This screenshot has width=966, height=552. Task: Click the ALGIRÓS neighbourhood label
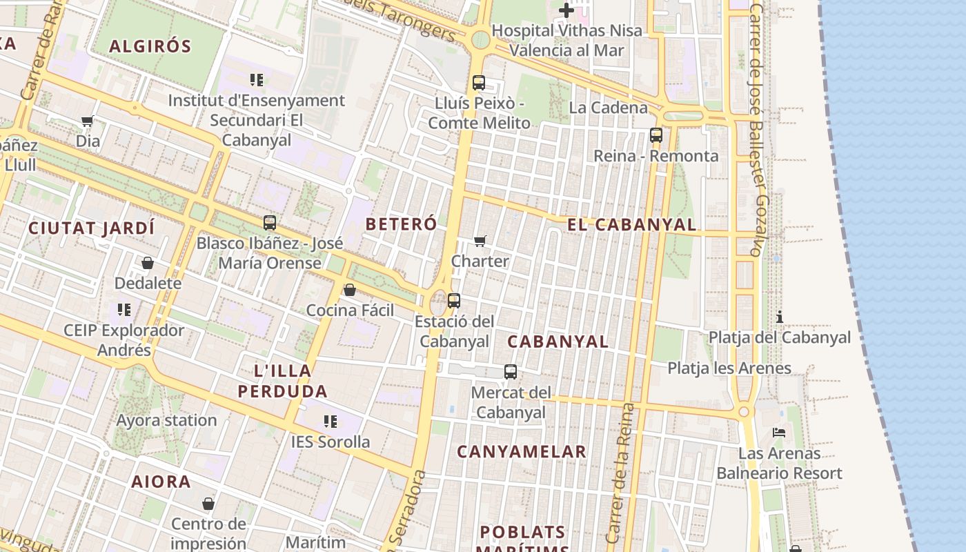pyautogui.click(x=150, y=46)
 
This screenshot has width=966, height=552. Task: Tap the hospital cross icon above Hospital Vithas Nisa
pyautogui.click(x=566, y=10)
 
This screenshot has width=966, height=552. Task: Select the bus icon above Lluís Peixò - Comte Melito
pyautogui.click(x=479, y=83)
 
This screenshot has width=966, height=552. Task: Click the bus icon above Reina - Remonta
pyautogui.click(x=656, y=135)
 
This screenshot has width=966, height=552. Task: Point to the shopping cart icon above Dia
pyautogui.click(x=88, y=121)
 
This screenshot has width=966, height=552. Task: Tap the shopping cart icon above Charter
pyautogui.click(x=480, y=241)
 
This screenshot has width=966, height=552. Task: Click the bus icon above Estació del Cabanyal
pyautogui.click(x=454, y=301)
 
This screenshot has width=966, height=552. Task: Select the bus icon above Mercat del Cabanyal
pyautogui.click(x=511, y=372)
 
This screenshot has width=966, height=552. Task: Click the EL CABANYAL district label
pyautogui.click(x=631, y=224)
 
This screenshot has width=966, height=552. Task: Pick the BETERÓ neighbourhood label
pyautogui.click(x=401, y=224)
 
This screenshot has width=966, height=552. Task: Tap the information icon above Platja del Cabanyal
pyautogui.click(x=780, y=317)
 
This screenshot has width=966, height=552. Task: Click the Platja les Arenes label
pyautogui.click(x=729, y=368)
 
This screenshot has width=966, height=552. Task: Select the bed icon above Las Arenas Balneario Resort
pyautogui.click(x=779, y=433)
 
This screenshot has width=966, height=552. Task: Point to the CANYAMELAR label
pyautogui.click(x=522, y=452)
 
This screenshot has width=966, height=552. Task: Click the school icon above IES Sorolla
pyautogui.click(x=331, y=421)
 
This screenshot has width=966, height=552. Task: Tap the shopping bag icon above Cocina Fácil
pyautogui.click(x=350, y=290)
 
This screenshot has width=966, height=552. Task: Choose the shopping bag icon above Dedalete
pyautogui.click(x=148, y=263)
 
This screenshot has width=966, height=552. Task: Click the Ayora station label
pyautogui.click(x=166, y=420)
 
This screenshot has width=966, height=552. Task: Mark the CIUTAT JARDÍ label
pyautogui.click(x=91, y=228)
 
